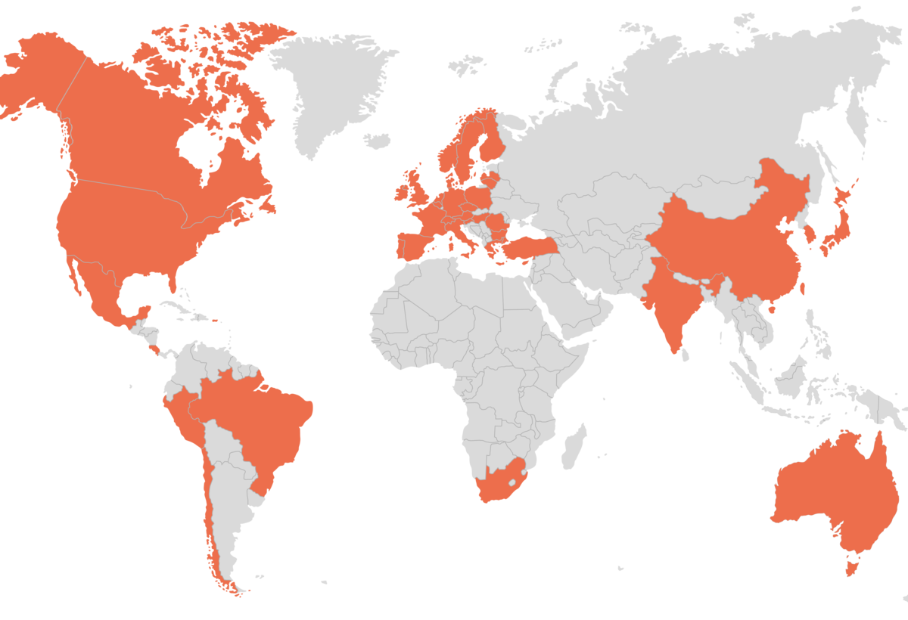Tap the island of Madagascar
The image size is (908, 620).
574,446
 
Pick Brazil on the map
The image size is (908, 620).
265,423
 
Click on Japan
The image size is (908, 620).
836,219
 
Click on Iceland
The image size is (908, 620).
376,141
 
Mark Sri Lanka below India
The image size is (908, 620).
685,354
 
